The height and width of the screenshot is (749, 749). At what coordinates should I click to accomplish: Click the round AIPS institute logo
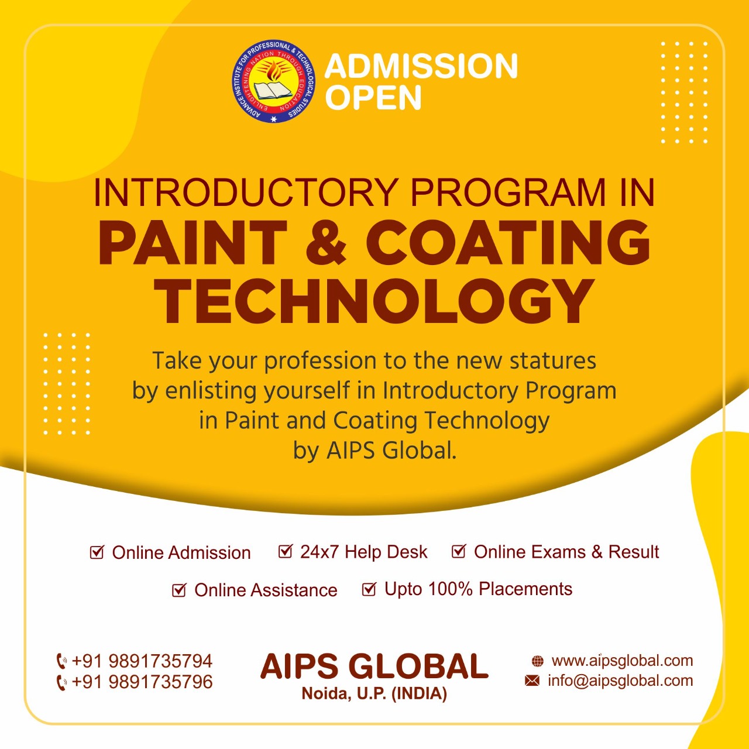click(x=274, y=81)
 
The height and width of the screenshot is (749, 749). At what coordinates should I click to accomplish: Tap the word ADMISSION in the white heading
click(x=421, y=66)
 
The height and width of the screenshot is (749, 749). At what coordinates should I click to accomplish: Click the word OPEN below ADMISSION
click(x=373, y=97)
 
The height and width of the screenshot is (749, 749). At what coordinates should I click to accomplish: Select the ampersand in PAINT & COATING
click(x=326, y=243)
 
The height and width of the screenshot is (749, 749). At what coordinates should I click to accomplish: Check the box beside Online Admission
click(x=97, y=552)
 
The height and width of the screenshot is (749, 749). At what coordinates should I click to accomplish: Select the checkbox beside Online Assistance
click(x=179, y=590)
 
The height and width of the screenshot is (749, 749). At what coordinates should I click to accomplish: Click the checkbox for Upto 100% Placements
click(x=369, y=589)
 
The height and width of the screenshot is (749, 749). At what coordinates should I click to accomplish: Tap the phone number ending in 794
click(x=142, y=661)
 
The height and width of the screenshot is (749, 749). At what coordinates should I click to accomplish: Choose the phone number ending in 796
click(x=142, y=682)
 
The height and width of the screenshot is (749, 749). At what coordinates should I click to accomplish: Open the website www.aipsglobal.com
click(x=622, y=661)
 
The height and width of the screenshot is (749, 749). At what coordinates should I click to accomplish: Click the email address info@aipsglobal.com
click(x=620, y=680)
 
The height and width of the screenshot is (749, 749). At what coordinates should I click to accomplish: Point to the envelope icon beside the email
click(x=532, y=680)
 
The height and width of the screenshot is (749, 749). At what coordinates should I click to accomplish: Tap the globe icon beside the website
click(x=538, y=661)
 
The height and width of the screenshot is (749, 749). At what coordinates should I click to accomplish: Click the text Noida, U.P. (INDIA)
click(x=374, y=705)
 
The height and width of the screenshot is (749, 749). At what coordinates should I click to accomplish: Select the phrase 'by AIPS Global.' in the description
click(x=374, y=451)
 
